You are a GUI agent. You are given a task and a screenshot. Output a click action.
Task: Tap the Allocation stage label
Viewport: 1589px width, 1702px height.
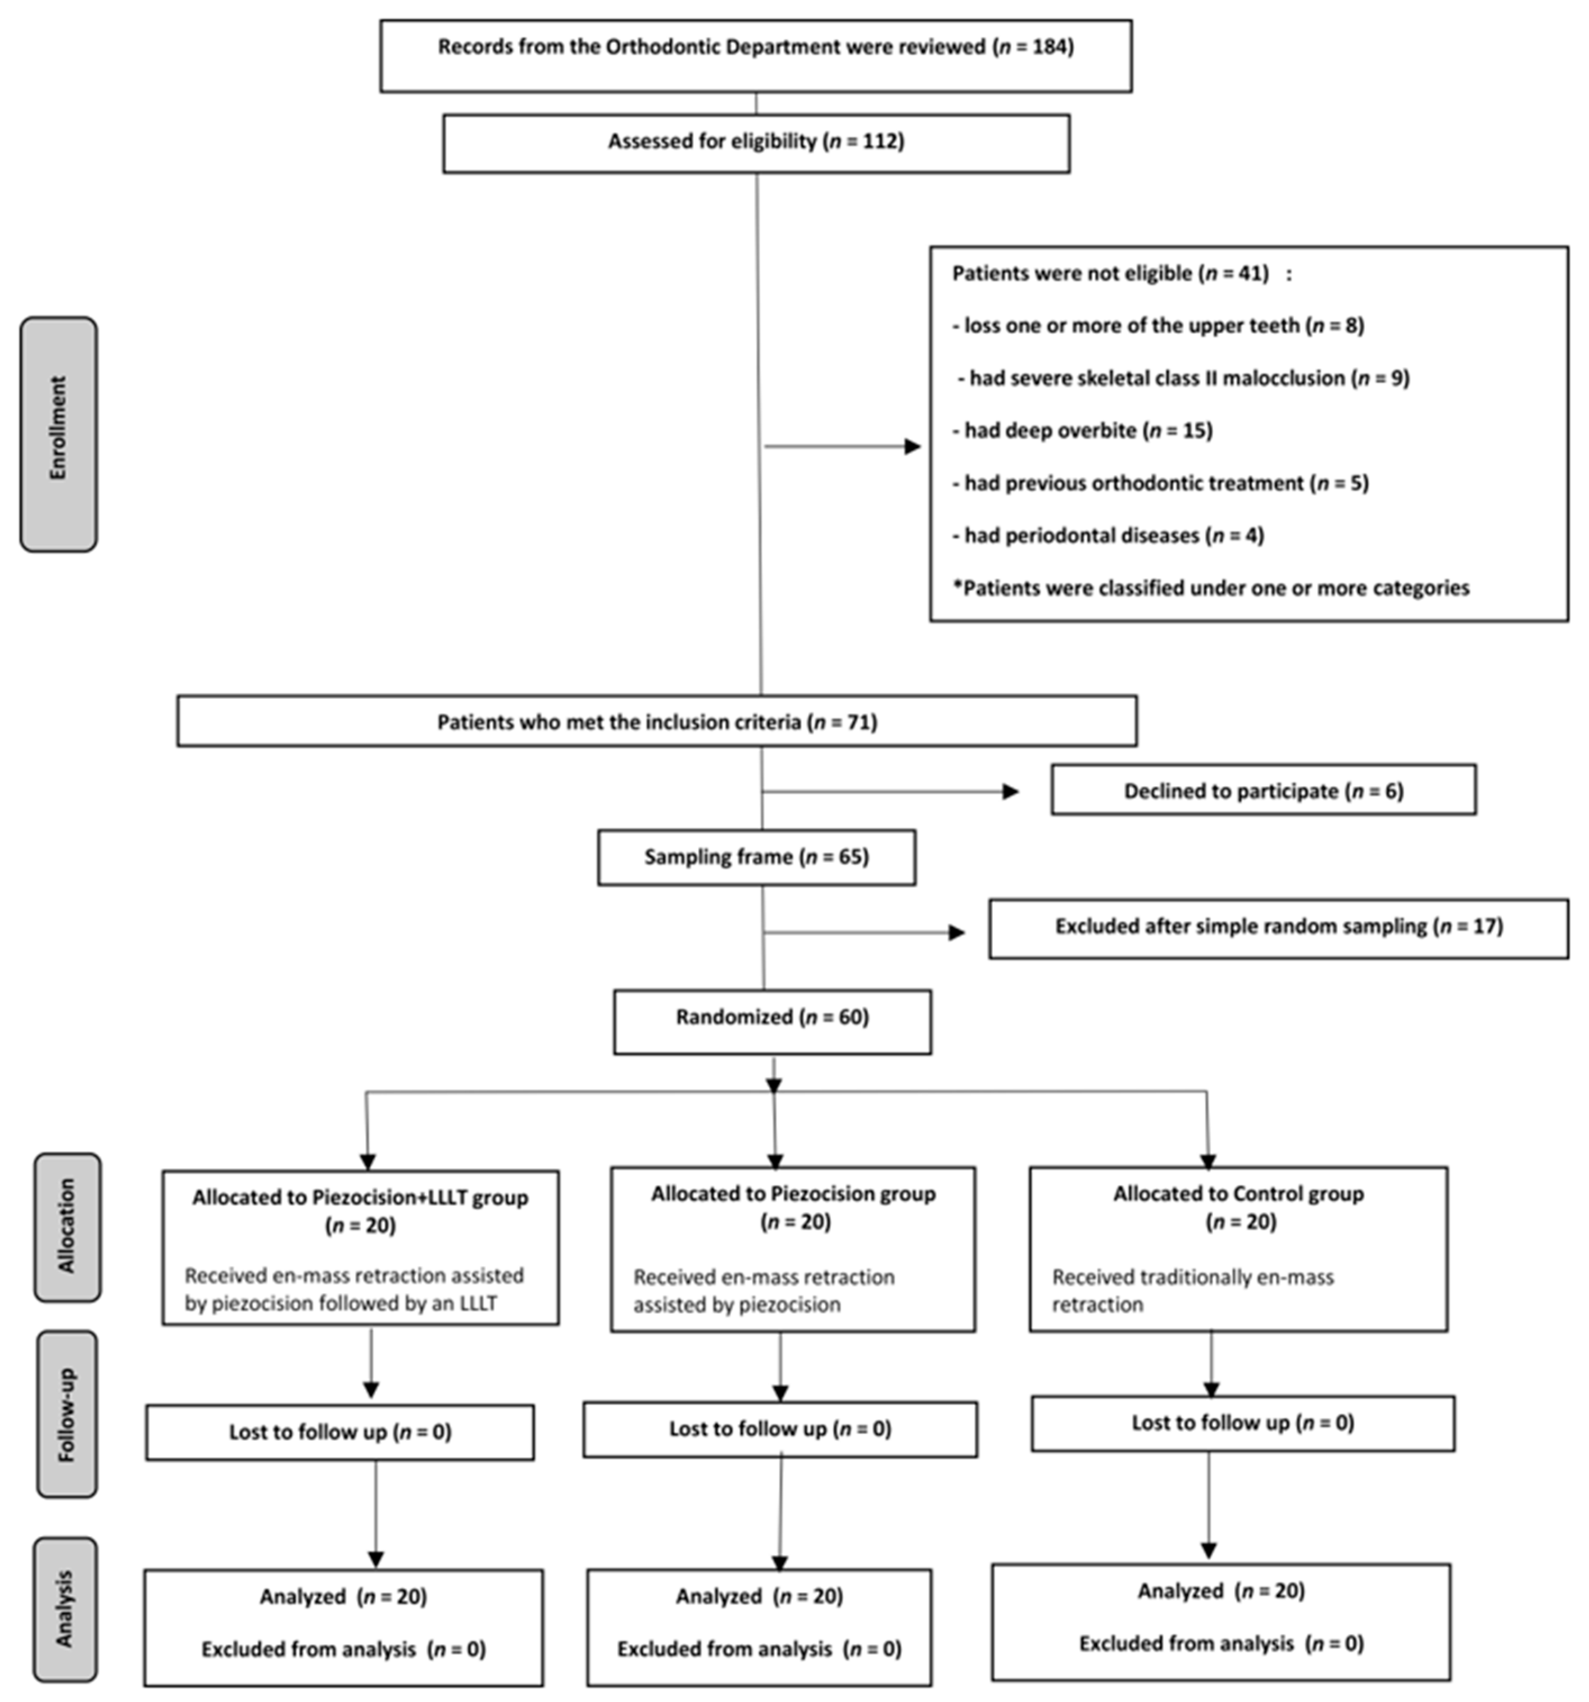(x=67, y=1227)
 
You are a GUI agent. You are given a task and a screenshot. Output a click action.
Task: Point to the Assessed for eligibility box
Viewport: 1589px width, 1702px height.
(x=756, y=142)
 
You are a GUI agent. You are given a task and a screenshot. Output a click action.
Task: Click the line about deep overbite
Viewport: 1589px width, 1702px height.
(x=1081, y=430)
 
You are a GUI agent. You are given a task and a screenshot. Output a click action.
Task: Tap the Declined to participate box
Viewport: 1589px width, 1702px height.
(x=1263, y=790)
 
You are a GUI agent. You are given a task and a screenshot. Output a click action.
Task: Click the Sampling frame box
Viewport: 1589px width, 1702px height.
(x=756, y=857)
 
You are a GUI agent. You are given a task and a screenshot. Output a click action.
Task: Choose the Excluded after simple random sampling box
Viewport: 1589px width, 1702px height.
(x=1278, y=927)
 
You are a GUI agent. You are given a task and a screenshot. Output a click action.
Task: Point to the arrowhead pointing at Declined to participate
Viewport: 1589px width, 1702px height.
(x=1010, y=791)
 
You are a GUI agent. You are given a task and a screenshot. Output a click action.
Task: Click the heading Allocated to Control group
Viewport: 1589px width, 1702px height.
(x=1238, y=1193)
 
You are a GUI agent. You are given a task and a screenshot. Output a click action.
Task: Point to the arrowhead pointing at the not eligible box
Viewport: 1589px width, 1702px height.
(x=912, y=446)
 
